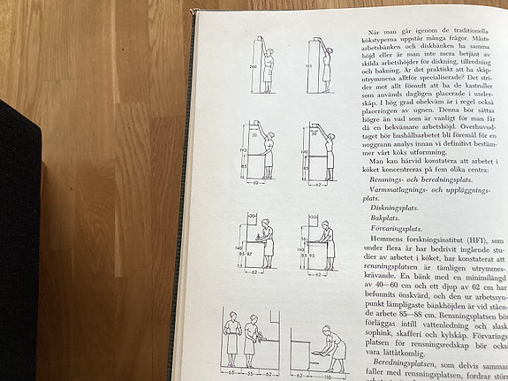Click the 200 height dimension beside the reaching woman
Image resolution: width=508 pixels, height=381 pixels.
(x=252, y=66)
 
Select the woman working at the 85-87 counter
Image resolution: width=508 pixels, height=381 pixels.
(x=267, y=243)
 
